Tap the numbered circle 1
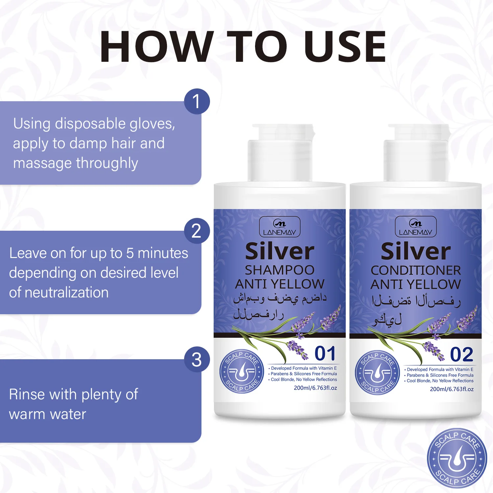(x=197, y=101)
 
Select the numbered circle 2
(x=197, y=231)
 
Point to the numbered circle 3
(x=197, y=359)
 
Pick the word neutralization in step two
(x=71, y=292)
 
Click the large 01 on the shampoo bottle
(x=325, y=353)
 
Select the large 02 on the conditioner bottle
(x=461, y=354)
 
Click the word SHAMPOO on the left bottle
(x=280, y=270)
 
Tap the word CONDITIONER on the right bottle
(x=416, y=270)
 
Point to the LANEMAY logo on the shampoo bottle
(x=280, y=227)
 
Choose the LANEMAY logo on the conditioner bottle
(x=416, y=227)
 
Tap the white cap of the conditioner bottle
(x=416, y=153)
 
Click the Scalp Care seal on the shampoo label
(x=242, y=372)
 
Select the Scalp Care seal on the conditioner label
(x=378, y=373)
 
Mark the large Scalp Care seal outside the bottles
(x=457, y=458)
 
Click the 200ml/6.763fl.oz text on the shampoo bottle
(x=316, y=388)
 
